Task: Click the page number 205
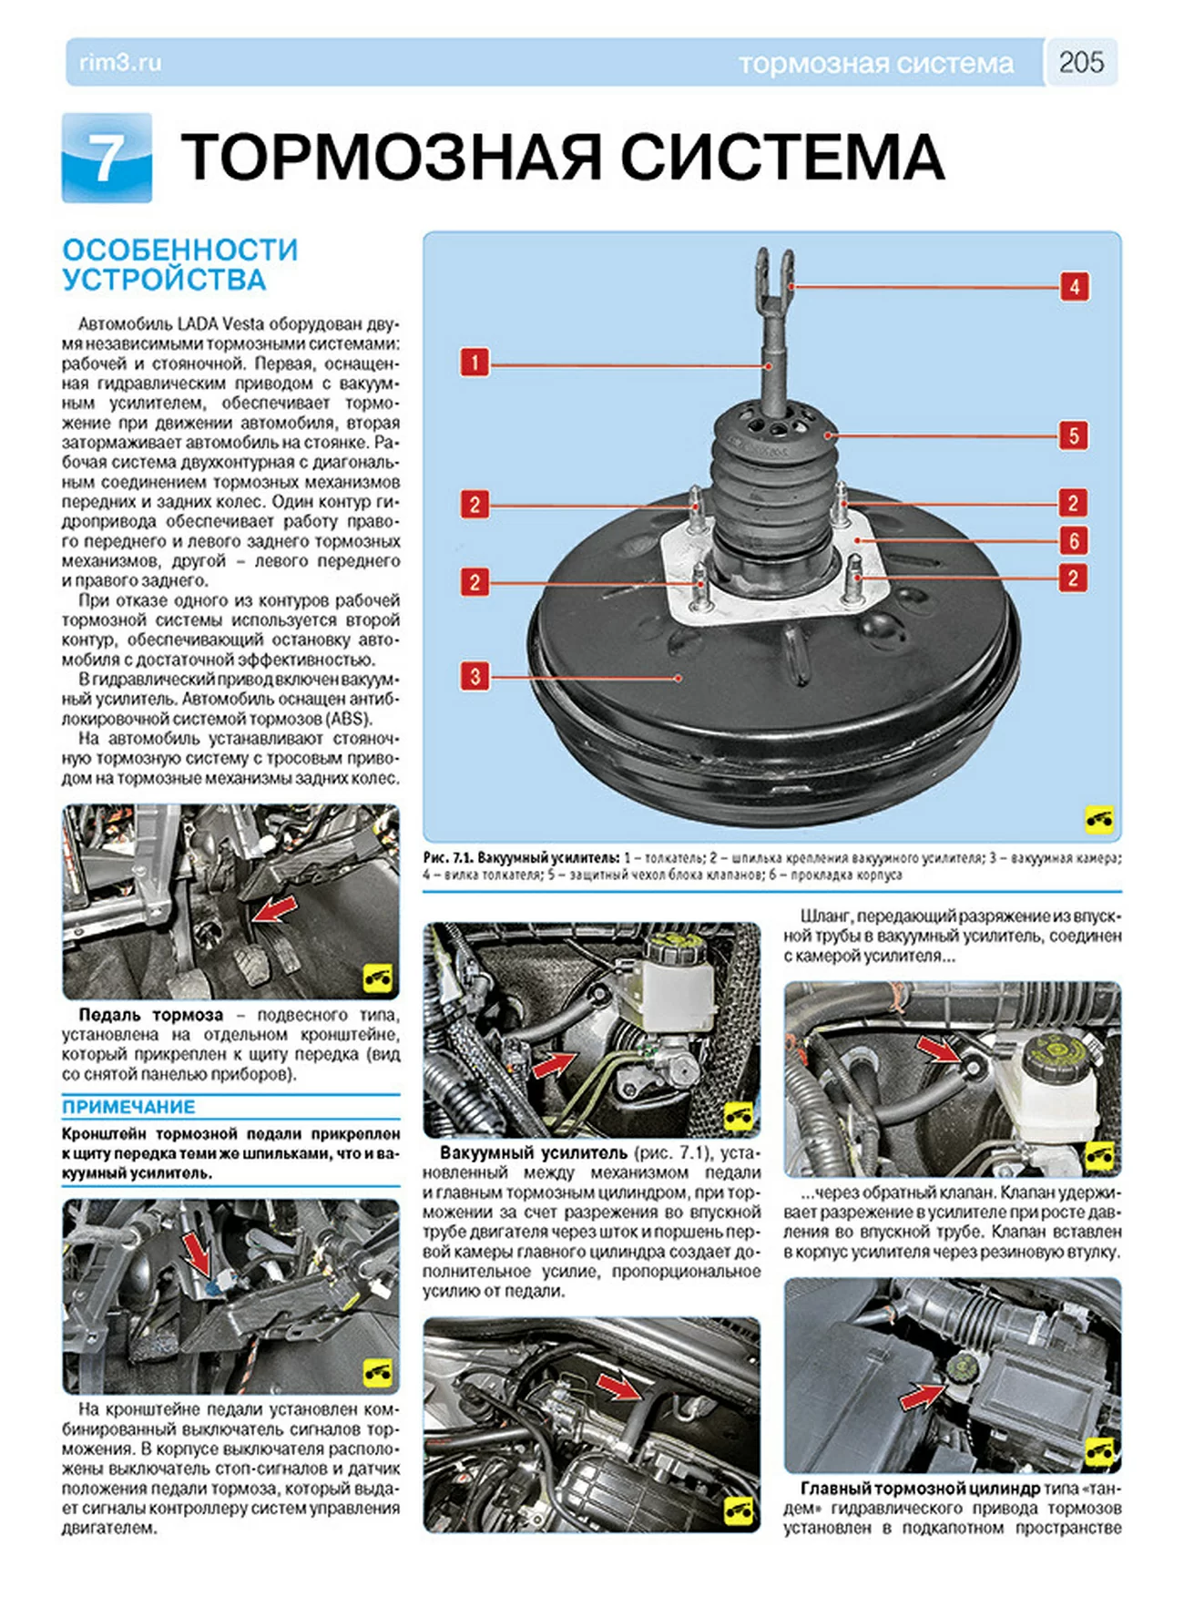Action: tap(1081, 62)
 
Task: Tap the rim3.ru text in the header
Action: tap(120, 63)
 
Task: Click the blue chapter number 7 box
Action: tap(107, 158)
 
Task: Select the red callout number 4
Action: tap(1075, 287)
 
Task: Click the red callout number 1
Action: tap(474, 363)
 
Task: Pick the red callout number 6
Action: tap(1074, 541)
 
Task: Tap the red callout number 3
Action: tap(475, 676)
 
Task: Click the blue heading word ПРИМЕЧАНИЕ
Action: tap(128, 1107)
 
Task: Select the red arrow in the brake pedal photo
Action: tap(273, 908)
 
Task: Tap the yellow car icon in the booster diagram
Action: tap(1099, 819)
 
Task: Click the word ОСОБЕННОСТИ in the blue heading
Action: tap(180, 250)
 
